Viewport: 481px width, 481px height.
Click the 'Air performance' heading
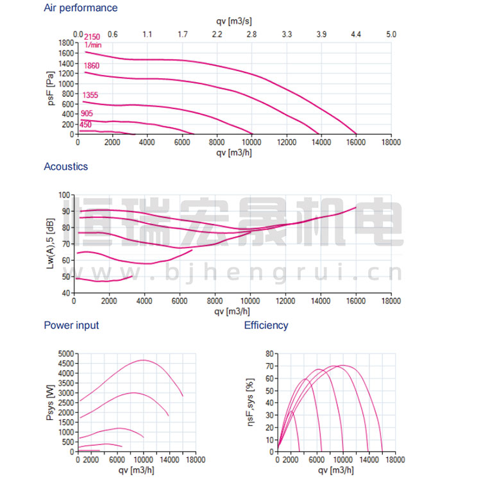tap(81, 8)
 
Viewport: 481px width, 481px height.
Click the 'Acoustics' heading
tap(66, 167)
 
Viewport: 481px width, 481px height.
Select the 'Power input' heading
tap(71, 325)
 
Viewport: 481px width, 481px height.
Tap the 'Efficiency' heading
tap(266, 325)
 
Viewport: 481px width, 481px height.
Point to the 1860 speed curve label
tap(90, 65)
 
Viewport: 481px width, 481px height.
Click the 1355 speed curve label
tap(90, 96)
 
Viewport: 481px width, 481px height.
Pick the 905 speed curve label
tap(87, 114)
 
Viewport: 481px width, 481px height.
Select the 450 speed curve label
tap(86, 124)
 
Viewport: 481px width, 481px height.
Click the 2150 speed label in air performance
tap(92, 37)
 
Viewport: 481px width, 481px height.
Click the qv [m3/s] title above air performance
tap(234, 21)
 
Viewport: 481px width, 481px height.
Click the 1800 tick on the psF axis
tap(65, 43)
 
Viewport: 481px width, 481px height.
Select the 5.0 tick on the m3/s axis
tap(391, 34)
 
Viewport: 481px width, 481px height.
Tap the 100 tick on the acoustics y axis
tap(65, 194)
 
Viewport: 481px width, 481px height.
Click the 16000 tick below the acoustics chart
tap(356, 300)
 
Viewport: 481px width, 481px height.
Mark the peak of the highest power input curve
tap(143, 360)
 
